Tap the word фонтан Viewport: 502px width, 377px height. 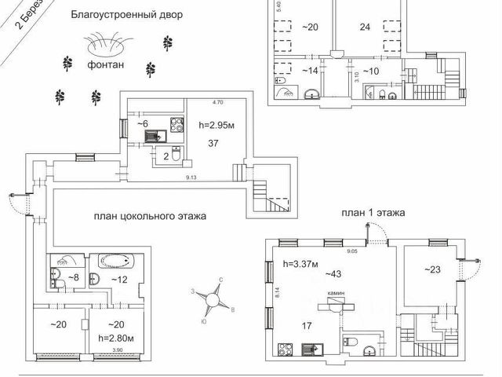click(x=106, y=65)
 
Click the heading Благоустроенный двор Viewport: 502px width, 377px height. click(x=125, y=14)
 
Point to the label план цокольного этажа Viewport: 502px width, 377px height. click(x=150, y=216)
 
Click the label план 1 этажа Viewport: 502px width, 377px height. click(x=373, y=212)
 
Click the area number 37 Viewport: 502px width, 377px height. click(x=213, y=143)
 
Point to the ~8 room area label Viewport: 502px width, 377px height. click(x=72, y=277)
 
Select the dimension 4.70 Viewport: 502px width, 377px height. click(x=218, y=102)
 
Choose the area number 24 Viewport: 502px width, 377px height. click(x=365, y=26)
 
